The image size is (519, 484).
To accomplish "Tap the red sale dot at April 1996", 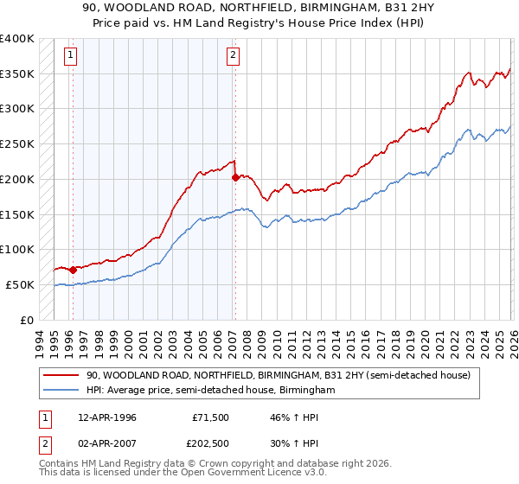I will click(x=73, y=270).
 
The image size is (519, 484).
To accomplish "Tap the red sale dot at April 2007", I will click(x=234, y=178).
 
